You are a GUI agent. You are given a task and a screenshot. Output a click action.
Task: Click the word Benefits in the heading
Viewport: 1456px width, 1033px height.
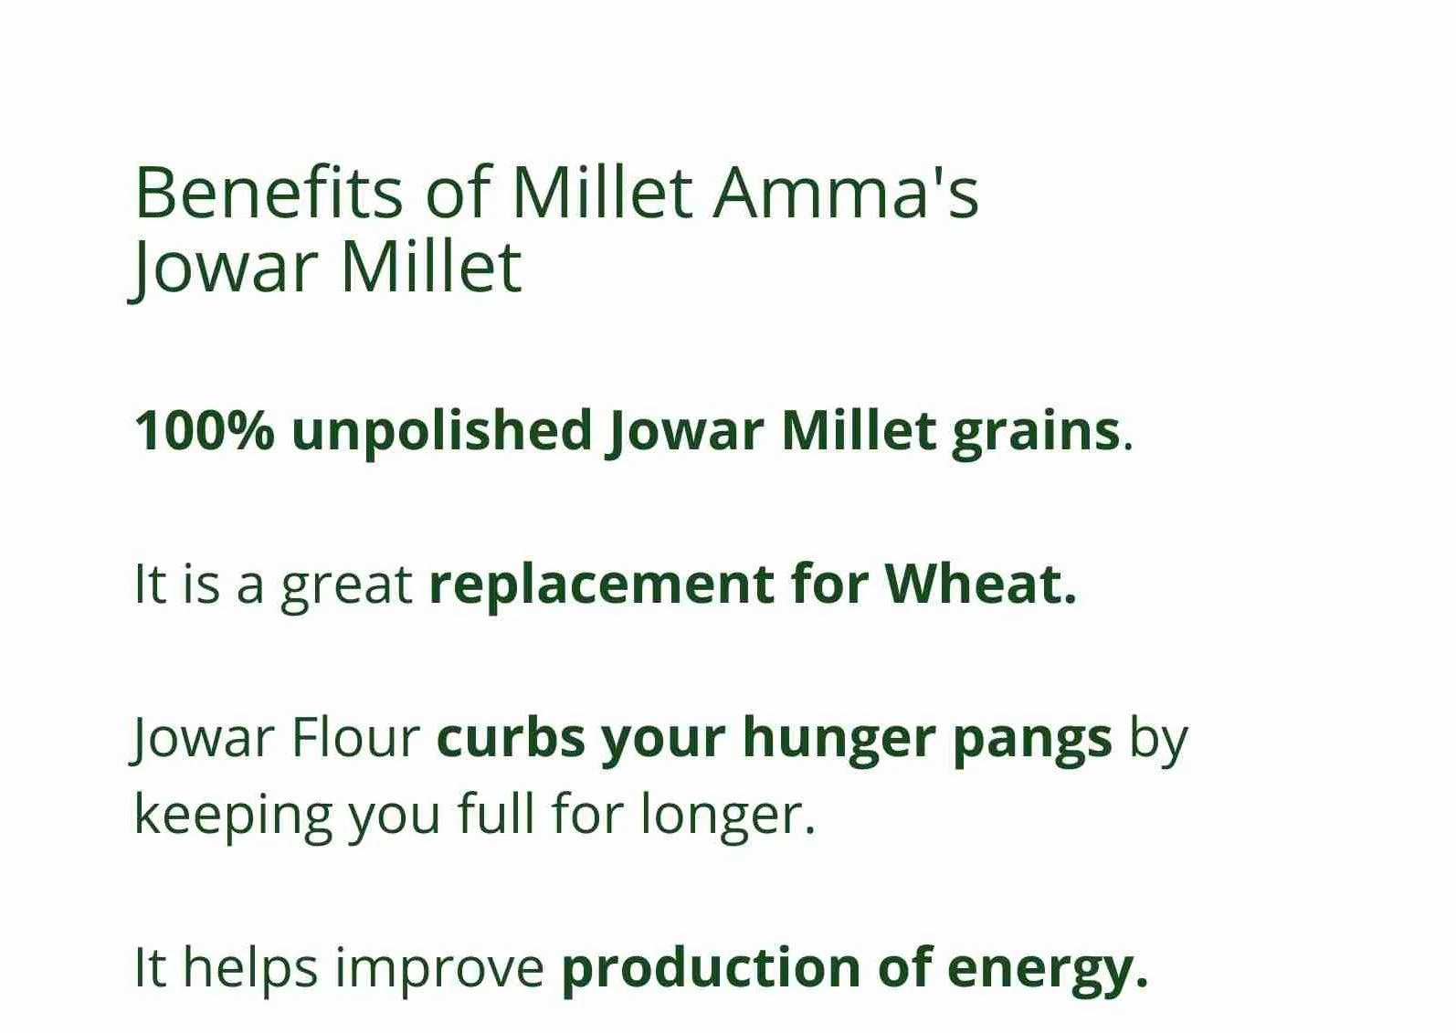pos(269,193)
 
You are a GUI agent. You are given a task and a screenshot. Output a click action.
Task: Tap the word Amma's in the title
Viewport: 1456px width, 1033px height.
pos(846,193)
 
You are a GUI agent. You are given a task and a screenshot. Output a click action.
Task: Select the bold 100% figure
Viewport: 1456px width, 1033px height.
pos(204,430)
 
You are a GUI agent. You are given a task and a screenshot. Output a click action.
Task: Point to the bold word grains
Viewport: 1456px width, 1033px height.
pos(1037,436)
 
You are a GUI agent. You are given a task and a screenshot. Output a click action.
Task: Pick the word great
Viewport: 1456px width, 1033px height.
pos(347,587)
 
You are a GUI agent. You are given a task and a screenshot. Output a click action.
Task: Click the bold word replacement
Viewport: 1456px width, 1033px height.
pos(601,587)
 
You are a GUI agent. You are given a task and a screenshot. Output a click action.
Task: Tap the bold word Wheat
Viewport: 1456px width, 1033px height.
pos(981,583)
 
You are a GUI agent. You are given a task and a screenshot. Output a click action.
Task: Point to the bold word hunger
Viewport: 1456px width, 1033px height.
pos(839,740)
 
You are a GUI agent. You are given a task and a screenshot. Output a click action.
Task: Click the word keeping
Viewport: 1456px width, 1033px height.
pos(233,817)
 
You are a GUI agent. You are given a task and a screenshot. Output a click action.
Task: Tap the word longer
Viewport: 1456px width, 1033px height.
pos(728,817)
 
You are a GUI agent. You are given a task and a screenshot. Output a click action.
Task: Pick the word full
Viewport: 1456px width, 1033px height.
pos(496,813)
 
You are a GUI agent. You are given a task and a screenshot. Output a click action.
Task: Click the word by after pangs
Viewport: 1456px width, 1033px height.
pos(1159,740)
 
